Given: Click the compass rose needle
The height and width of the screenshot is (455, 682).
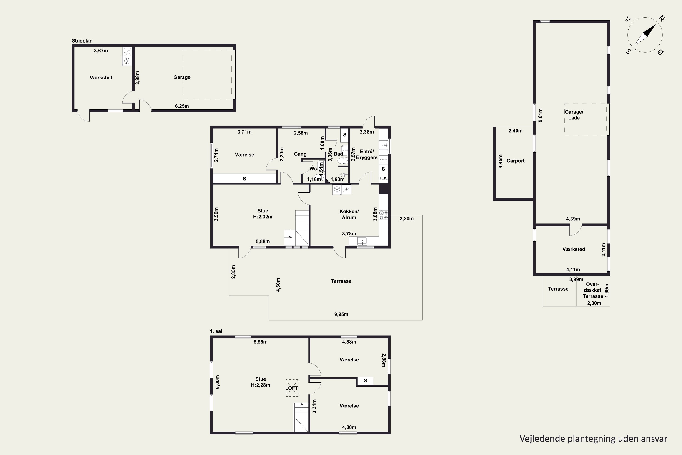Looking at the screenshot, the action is coord(645,35).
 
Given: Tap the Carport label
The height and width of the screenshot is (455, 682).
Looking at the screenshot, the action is coord(515,161).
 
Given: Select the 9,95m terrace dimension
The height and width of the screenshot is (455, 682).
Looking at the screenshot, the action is coord(341,314).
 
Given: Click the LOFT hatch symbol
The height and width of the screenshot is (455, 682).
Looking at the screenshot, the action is coord(292,388).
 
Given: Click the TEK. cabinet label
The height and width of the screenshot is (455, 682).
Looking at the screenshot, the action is coord(383,178).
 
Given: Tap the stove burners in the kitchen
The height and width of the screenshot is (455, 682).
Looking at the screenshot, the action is coord(383,215).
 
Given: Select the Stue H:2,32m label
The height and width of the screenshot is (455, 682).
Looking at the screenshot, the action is coord(263,214).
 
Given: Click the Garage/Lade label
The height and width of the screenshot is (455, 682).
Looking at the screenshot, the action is coord(574,115).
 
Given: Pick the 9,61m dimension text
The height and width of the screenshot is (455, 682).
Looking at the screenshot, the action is coord(540,115).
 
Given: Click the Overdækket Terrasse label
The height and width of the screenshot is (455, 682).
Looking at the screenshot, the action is coord(593,290).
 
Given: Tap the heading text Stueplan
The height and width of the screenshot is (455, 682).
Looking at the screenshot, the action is coord(82,41).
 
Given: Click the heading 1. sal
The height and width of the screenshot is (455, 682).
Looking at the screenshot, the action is coord(216,331).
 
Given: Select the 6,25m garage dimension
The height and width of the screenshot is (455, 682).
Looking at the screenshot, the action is coord(182,106).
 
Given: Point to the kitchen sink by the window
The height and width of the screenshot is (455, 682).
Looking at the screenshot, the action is coord(362,241).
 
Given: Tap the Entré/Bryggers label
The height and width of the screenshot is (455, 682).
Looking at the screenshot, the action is coord(367,154).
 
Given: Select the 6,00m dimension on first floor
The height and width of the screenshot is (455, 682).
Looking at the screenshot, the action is coord(218,382).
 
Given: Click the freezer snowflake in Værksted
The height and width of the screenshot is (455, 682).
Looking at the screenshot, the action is coord(127,61).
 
